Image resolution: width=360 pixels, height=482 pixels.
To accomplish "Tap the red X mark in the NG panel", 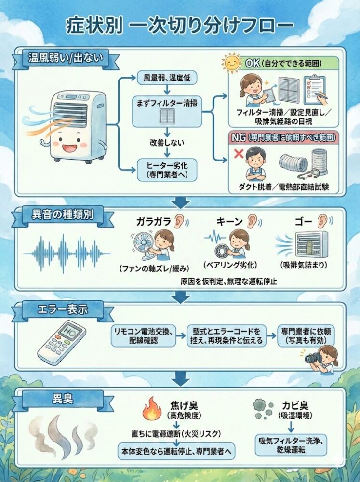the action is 239,153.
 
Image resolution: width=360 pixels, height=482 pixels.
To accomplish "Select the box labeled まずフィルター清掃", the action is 167,112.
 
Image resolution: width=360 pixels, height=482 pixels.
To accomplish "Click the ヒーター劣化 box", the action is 167,170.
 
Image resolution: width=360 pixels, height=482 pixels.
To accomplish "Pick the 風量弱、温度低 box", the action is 167,78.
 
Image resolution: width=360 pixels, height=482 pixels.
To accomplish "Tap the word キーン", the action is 230,221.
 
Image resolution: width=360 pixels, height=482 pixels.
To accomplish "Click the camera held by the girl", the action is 313,358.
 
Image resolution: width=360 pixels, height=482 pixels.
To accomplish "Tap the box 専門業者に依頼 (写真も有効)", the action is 306,336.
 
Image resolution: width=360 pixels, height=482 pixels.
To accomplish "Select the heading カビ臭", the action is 295,405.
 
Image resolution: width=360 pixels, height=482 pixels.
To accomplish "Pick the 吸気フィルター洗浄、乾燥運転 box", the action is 291,445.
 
